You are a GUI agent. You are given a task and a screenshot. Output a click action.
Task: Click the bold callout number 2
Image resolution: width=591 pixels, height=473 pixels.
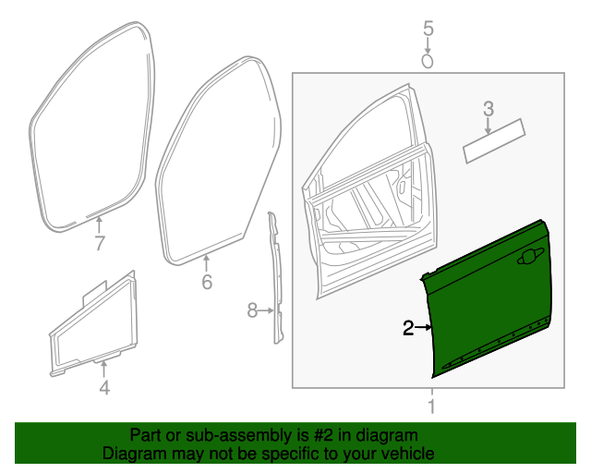coord(407,327)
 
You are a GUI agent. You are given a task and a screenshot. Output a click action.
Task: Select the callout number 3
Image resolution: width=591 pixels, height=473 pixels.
coord(488,110)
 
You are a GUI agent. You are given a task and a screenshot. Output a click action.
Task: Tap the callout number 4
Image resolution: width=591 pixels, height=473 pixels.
coord(104,389)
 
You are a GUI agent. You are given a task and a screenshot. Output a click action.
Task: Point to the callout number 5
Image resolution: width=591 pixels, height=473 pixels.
coord(428,29)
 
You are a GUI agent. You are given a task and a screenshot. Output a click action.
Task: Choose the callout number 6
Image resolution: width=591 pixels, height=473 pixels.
coord(207,282)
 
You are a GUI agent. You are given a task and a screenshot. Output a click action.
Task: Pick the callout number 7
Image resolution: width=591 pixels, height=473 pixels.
coord(100,244)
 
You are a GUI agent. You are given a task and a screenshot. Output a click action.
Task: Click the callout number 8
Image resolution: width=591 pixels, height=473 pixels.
coord(252,311)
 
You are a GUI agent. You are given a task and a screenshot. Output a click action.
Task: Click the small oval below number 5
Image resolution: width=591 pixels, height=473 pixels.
coord(428,60)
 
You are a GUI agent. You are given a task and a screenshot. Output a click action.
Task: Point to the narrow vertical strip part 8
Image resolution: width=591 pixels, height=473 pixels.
coord(275,277)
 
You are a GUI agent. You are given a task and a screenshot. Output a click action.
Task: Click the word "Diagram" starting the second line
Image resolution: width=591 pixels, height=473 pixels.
coord(131,454)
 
